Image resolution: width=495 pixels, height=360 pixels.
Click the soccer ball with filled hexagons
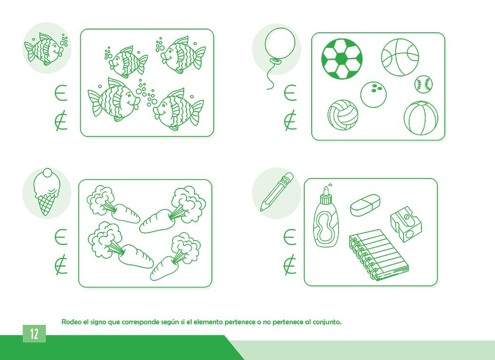pos(342,59)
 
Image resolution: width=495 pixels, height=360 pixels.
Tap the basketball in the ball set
pos(400,57)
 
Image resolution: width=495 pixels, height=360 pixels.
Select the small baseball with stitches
pos(423,84)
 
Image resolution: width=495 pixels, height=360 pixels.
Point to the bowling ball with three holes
pos(374,94)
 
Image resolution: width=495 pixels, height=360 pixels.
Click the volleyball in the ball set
pos(343,115)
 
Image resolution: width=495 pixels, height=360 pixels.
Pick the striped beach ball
pos(421,118)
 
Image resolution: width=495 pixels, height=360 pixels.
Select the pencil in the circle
pos(277,191)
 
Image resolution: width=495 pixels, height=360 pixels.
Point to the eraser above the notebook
pos(365,205)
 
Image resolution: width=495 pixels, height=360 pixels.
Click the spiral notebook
pos(378,255)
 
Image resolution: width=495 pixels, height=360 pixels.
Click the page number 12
pos(34,333)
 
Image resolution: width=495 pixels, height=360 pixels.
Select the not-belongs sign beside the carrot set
pos(61,264)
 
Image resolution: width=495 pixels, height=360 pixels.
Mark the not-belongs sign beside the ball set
pos(290,120)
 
